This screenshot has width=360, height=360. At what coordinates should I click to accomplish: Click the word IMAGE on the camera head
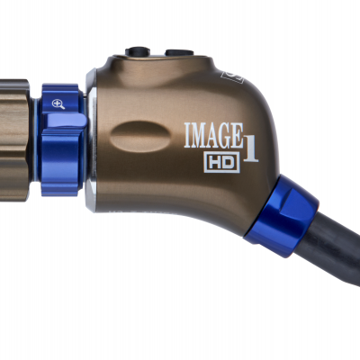click(x=211, y=136)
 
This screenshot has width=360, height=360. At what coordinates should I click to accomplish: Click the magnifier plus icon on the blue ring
click(x=58, y=104)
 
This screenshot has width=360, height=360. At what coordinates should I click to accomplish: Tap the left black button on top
click(x=138, y=52)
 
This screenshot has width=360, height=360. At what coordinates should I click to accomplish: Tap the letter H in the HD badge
click(x=213, y=162)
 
